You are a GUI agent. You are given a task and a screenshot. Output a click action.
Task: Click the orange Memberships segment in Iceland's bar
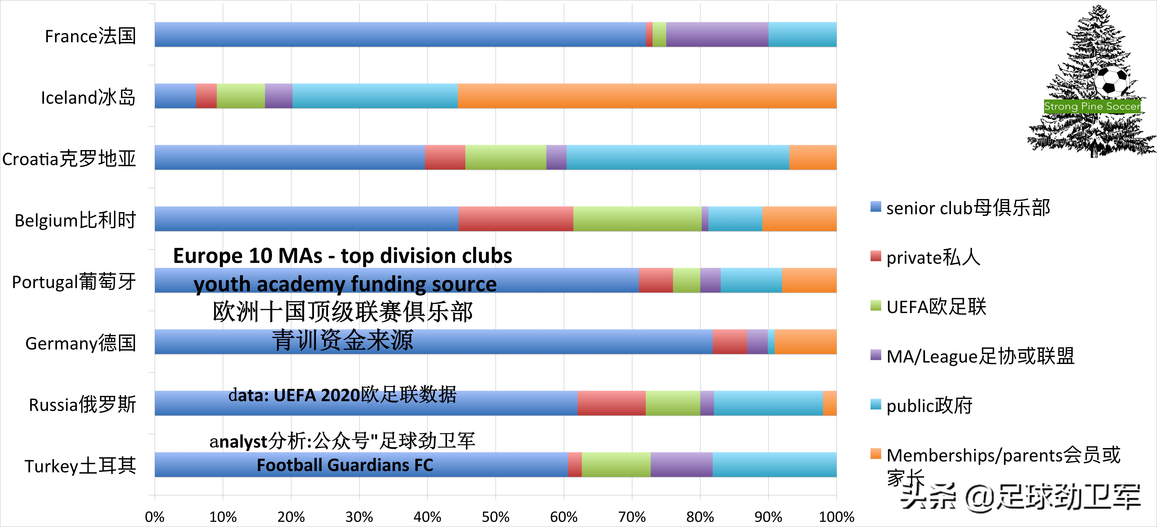(647, 96)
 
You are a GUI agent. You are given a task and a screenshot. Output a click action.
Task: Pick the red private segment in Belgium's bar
(516, 219)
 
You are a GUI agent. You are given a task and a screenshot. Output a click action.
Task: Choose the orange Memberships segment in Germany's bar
(805, 342)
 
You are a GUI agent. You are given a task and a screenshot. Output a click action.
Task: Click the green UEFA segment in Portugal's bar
(686, 281)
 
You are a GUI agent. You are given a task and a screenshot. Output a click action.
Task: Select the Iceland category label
(88, 97)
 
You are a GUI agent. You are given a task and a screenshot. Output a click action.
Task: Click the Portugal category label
(74, 282)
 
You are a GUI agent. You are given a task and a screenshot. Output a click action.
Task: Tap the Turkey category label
(80, 466)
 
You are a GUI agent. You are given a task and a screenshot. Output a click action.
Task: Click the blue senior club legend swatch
(875, 207)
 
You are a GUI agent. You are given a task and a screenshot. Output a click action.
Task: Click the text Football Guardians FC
(345, 465)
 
